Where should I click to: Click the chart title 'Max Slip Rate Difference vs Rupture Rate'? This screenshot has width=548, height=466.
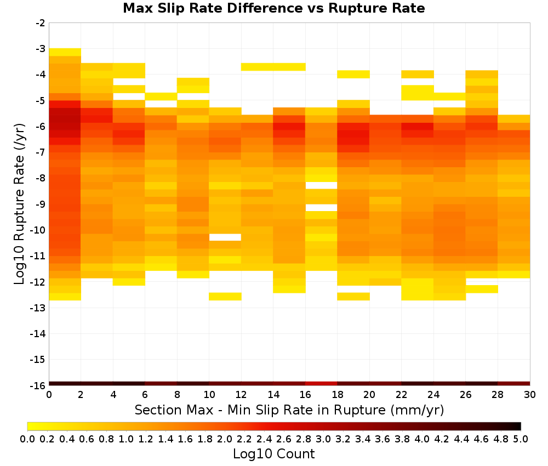pos(273,8)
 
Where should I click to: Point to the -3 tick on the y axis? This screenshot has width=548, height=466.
pos(41,49)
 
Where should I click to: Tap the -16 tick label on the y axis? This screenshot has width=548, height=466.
pos(38,385)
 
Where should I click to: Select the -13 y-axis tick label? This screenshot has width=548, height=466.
pos(38,308)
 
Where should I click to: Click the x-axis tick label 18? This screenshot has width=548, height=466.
pos(337,395)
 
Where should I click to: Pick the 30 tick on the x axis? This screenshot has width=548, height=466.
pos(530,395)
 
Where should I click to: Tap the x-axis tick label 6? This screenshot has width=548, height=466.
pos(145,395)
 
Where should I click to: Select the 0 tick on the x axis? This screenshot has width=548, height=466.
pos(49,395)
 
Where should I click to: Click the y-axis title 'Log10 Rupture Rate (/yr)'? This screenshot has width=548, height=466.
pos(19,204)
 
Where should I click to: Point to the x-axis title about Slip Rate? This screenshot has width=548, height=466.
pos(289,410)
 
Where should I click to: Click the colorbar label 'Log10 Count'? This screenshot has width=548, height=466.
pos(273,454)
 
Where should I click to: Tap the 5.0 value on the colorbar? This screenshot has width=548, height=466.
pos(521,439)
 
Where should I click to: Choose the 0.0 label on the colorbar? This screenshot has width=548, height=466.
pos(27,439)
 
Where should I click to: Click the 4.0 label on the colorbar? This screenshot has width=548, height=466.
pos(422,439)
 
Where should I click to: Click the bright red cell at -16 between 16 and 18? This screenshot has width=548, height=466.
pos(321,384)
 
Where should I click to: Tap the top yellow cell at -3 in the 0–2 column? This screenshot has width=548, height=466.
pos(65,52)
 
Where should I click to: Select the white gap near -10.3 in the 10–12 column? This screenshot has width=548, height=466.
pos(225,237)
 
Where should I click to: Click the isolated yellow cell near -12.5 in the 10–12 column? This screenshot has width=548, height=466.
pos(225,297)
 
